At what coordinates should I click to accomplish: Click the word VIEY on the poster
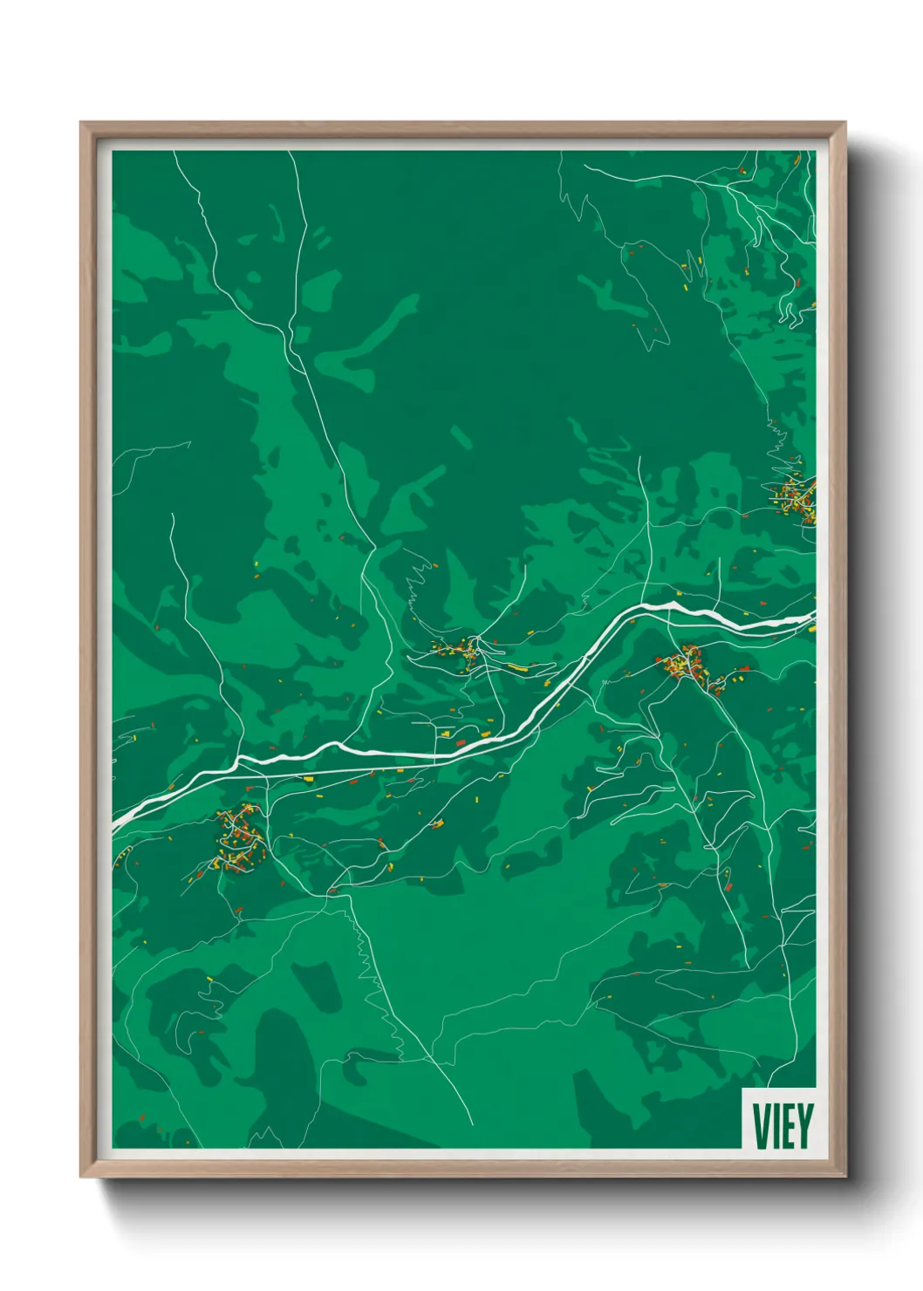[782, 1125]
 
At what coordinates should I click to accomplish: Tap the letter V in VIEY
[760, 1125]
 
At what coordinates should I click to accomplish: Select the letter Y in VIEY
[803, 1125]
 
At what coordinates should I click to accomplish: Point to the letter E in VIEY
[788, 1125]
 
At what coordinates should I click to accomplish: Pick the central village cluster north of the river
[459, 649]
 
